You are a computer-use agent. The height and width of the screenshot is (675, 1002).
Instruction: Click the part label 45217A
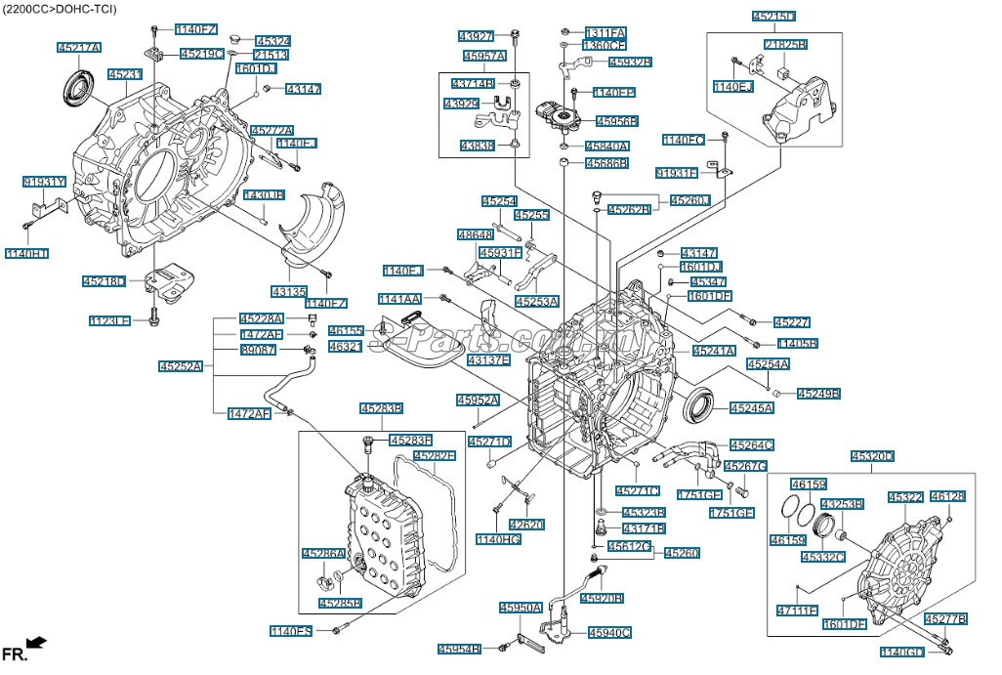pyautogui.click(x=79, y=47)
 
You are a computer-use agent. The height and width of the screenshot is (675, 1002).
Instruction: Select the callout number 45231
pyautogui.click(x=124, y=73)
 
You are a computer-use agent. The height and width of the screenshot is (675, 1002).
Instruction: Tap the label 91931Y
pyautogui.click(x=44, y=182)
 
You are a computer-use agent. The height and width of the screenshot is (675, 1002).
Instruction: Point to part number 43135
pyautogui.click(x=289, y=291)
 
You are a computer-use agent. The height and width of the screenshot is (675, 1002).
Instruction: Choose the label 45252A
pyautogui.click(x=180, y=367)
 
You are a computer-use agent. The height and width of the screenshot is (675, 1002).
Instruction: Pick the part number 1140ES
pyautogui.click(x=291, y=631)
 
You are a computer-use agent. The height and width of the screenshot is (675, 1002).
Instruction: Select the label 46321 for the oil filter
pyautogui.click(x=345, y=346)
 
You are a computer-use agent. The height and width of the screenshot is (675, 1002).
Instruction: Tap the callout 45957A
pyautogui.click(x=484, y=56)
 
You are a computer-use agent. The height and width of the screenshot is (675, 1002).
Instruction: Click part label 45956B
pyautogui.click(x=616, y=121)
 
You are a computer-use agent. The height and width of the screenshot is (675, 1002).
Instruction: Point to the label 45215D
pyautogui.click(x=773, y=17)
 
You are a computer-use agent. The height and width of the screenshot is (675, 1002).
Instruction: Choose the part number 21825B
pyautogui.click(x=785, y=45)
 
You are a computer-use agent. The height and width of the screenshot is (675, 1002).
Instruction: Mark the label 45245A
pyautogui.click(x=751, y=407)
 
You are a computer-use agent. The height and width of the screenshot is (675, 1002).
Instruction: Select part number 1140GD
pyautogui.click(x=901, y=652)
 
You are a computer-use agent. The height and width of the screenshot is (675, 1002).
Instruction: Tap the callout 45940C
pyautogui.click(x=609, y=632)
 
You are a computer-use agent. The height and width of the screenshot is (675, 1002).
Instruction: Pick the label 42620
pyautogui.click(x=525, y=525)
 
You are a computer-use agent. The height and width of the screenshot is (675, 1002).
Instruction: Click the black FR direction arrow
pyautogui.click(x=36, y=642)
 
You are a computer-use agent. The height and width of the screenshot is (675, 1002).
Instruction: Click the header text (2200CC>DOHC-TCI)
pyautogui.click(x=60, y=9)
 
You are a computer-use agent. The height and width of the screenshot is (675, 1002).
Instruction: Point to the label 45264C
pyautogui.click(x=751, y=445)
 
